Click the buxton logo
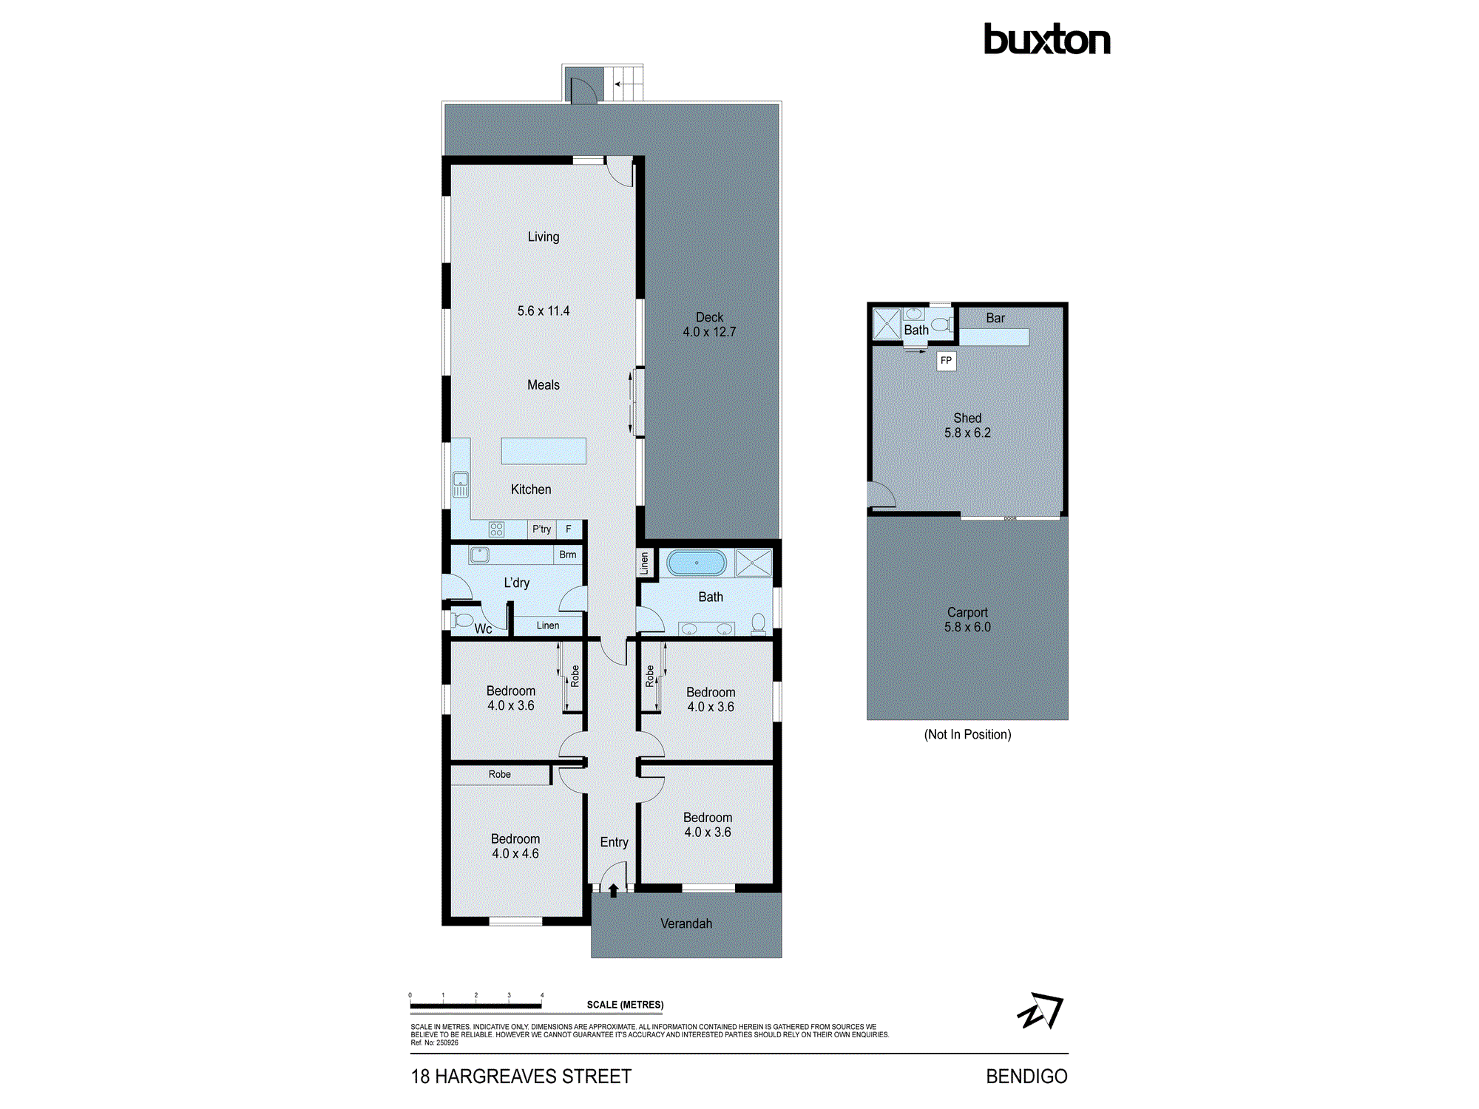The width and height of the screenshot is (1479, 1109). coord(1046,39)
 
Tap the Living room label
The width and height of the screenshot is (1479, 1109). coord(543,237)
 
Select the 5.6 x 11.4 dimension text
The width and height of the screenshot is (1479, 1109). coord(543,311)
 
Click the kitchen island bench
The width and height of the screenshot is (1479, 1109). coord(544,451)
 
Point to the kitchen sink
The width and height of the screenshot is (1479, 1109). coord(460,484)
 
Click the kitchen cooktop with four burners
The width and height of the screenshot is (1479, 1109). coord(496,529)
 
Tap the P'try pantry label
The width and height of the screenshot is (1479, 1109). coord(541,529)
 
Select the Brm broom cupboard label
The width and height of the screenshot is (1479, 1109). coord(567,554)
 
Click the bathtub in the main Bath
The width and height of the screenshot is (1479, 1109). coord(696,563)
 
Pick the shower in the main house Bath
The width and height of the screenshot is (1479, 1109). coord(754,563)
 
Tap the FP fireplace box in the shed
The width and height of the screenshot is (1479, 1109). coord(946,361)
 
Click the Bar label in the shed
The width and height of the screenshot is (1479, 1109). coord(995,318)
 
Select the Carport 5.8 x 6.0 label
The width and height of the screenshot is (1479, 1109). coord(967,620)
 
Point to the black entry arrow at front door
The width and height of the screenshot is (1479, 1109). coord(613,890)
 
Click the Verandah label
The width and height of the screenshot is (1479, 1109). coord(686,923)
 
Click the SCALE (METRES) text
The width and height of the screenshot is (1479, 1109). coord(625,1005)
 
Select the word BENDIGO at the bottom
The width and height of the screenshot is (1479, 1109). coord(1026,1076)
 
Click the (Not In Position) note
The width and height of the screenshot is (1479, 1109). coord(967,734)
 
